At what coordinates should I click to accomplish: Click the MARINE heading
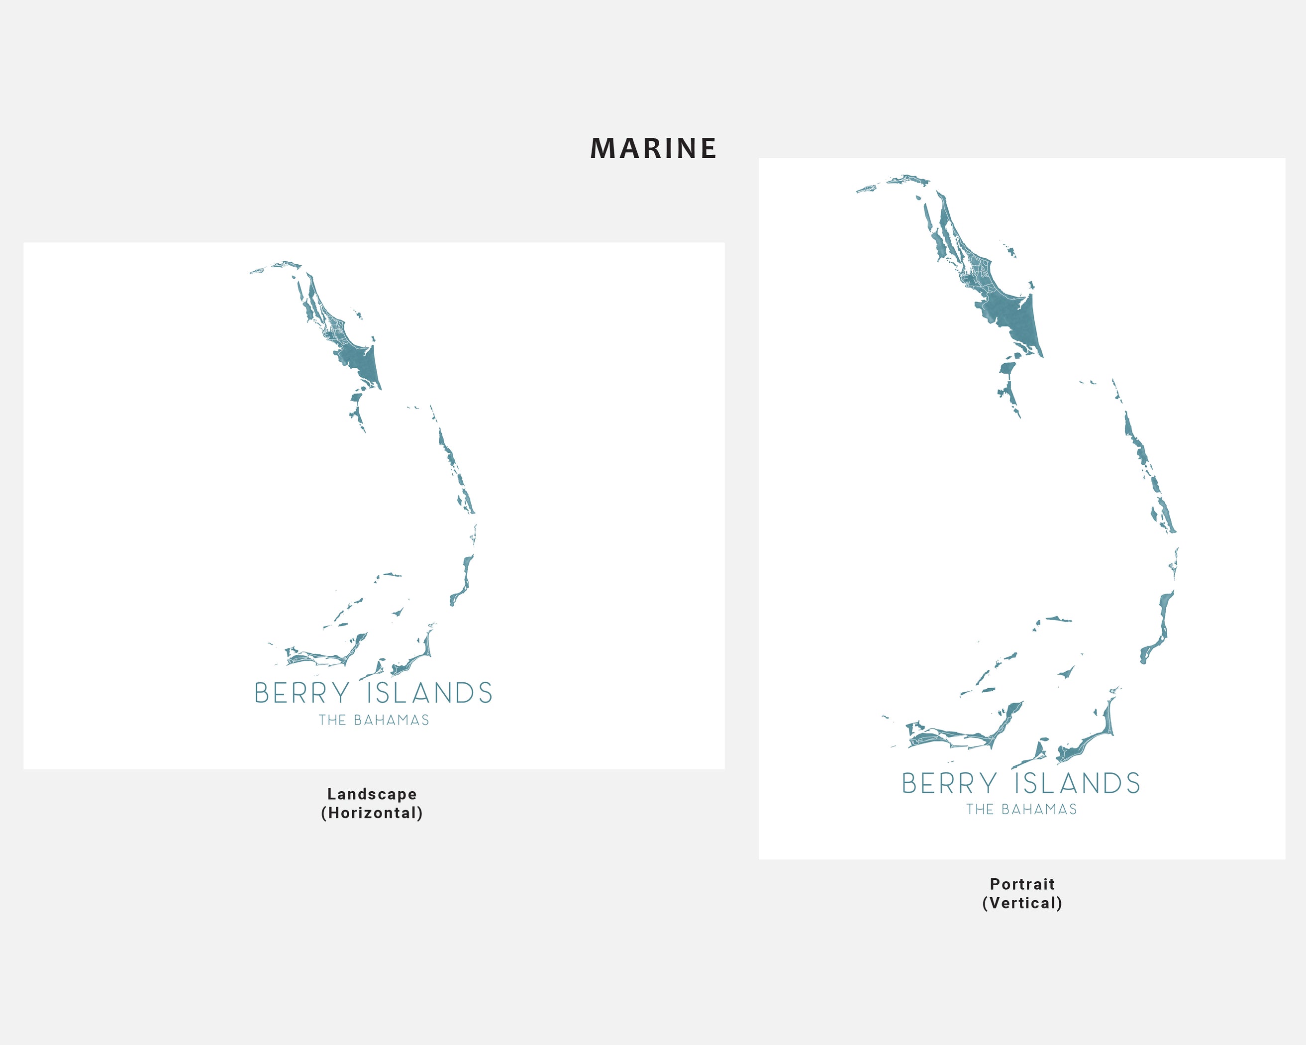[653, 149]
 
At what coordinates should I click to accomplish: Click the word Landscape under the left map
[372, 794]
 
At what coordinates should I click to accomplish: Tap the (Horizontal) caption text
[372, 813]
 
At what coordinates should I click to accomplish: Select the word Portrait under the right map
[1022, 884]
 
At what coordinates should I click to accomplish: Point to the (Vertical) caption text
[1022, 903]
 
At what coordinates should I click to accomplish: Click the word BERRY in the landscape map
[301, 693]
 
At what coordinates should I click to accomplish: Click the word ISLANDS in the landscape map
[429, 693]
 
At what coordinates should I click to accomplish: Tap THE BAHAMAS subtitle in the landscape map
[374, 720]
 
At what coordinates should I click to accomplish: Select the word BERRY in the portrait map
[949, 783]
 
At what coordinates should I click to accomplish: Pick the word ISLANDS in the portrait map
[1078, 783]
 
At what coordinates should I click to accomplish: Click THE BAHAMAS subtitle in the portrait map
[1021, 809]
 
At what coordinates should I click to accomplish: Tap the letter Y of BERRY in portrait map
[989, 783]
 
